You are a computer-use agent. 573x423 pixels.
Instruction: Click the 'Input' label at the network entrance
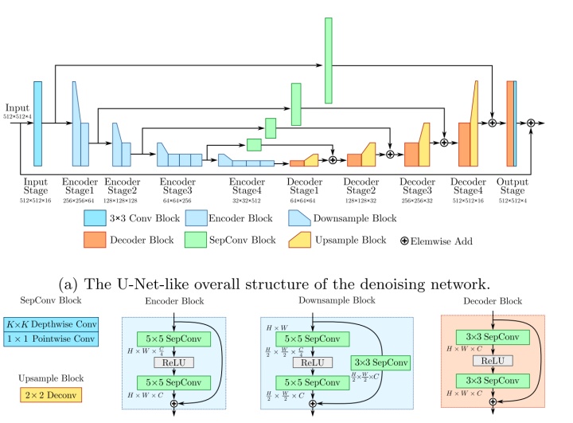[17, 108]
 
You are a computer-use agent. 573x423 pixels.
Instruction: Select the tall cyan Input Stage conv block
[37, 123]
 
